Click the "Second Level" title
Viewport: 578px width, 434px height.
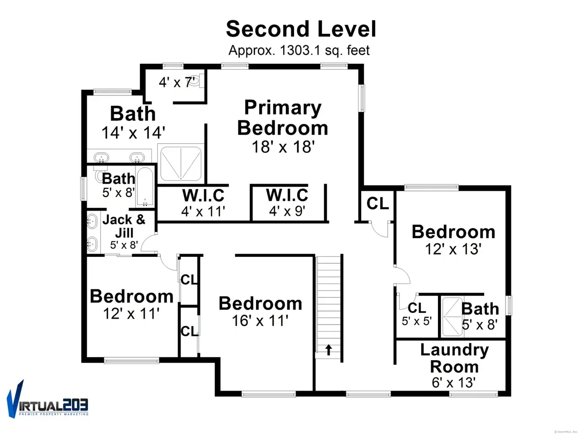(x=301, y=29)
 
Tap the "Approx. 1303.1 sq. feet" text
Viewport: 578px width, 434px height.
(x=299, y=50)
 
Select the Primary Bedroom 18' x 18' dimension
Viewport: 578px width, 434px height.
(x=283, y=146)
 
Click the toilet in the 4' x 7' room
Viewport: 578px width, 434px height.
(x=196, y=81)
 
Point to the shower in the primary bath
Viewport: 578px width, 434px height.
(x=181, y=163)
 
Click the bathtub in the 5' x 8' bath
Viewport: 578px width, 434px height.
(x=145, y=187)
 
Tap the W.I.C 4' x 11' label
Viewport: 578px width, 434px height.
(x=203, y=203)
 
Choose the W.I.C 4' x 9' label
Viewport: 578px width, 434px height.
(x=287, y=203)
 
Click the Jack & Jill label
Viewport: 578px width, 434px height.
(x=124, y=226)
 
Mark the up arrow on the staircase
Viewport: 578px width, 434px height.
(x=328, y=349)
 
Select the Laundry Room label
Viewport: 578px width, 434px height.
(x=455, y=359)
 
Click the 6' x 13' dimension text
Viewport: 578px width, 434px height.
(x=454, y=382)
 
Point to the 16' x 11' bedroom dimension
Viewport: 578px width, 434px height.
(x=260, y=321)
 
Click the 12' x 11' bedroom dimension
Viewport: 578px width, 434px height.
(x=131, y=314)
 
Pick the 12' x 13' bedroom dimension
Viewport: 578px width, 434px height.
(x=453, y=249)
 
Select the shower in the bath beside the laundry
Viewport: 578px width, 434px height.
(x=452, y=317)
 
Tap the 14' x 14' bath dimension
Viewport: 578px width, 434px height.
(x=133, y=132)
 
